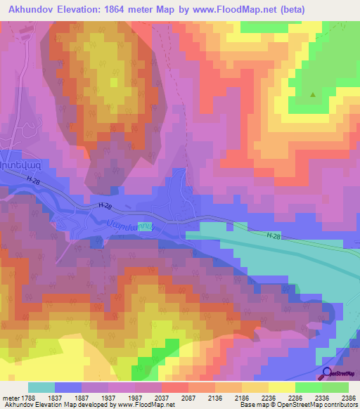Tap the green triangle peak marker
[x=313, y=93]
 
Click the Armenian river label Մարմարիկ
[x=130, y=225]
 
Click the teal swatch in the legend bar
[x=41, y=388]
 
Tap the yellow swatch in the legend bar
[x=280, y=388]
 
